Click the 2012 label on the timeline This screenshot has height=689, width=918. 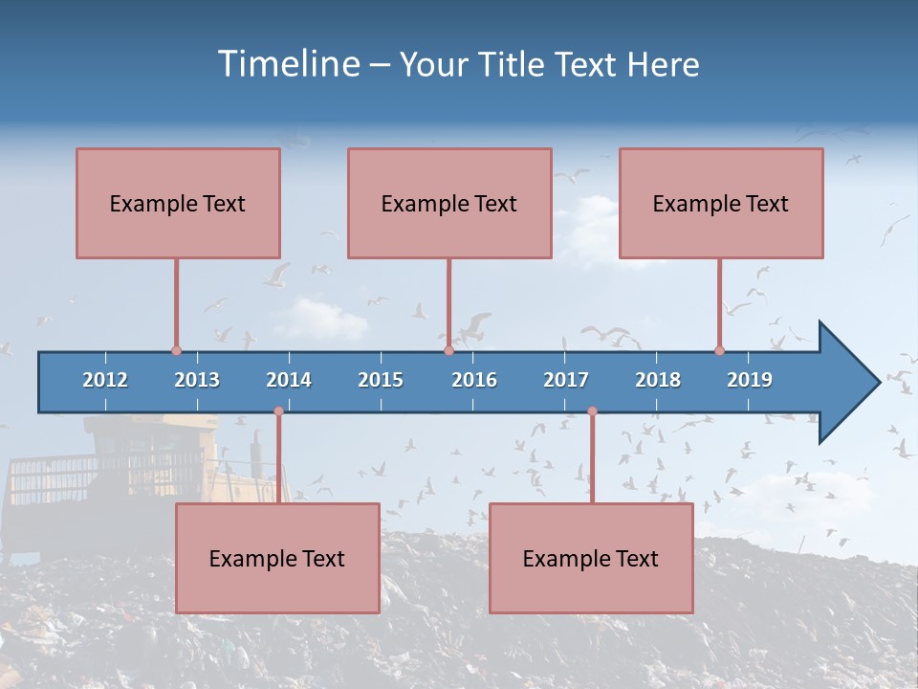(105, 380)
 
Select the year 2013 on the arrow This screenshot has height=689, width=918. (197, 380)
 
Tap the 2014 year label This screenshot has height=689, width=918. (289, 380)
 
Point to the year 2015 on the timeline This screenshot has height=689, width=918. (381, 380)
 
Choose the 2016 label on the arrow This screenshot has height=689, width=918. (474, 380)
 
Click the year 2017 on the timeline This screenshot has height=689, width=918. (566, 380)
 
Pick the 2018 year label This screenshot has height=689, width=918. (658, 380)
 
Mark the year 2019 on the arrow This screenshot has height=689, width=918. (750, 380)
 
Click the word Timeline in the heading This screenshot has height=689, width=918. (287, 64)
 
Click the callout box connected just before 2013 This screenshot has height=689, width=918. (178, 203)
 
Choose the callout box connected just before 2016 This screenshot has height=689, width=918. (449, 203)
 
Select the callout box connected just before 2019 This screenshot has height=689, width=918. (721, 203)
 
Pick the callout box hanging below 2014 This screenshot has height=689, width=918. (277, 558)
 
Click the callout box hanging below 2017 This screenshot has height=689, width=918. (591, 558)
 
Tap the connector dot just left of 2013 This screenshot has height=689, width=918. (176, 351)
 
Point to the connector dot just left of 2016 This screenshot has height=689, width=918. (448, 351)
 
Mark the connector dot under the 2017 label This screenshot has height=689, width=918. (592, 411)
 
